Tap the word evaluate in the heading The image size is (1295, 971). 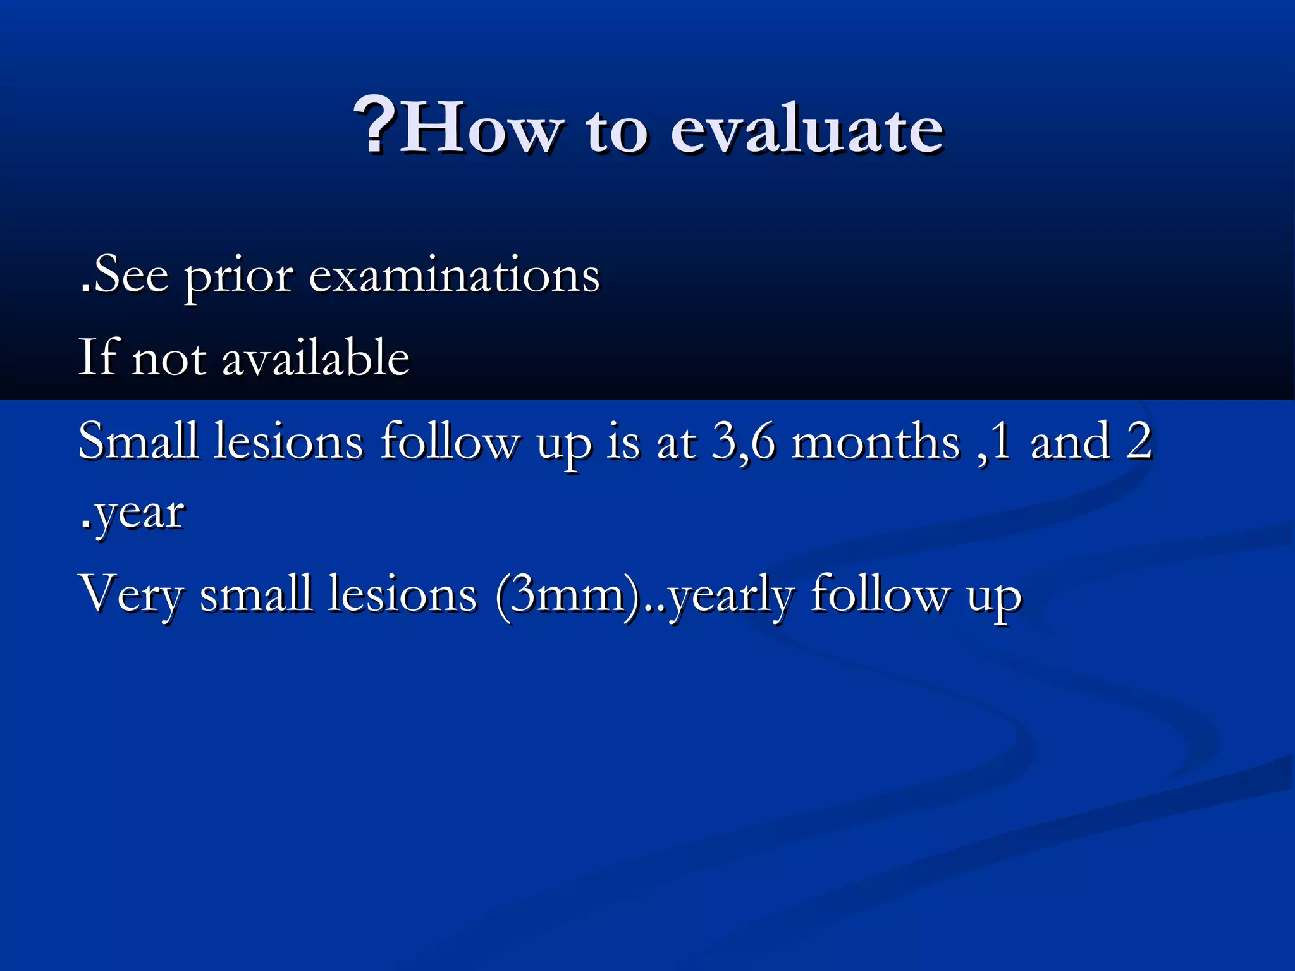click(807, 129)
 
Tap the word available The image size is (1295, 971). click(316, 357)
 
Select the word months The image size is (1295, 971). click(876, 441)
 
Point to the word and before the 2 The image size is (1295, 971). click(1070, 441)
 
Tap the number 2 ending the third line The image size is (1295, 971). click(1139, 441)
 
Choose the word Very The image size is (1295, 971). click(132, 595)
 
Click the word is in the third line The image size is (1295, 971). click(623, 441)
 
